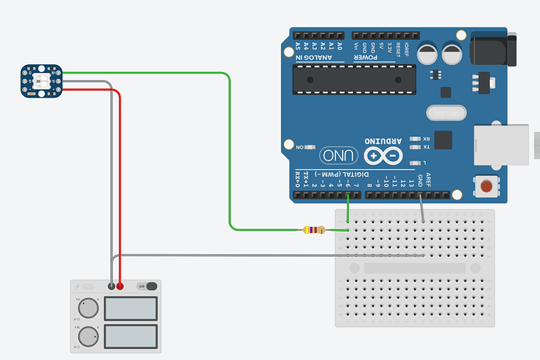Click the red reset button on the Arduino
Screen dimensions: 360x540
point(488,187)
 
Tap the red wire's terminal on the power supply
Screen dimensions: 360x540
point(120,286)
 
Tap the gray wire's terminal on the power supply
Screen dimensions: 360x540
point(111,286)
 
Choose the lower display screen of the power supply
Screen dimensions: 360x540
point(131,337)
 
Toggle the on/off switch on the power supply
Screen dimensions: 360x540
point(147,286)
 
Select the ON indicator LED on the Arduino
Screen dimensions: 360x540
point(311,146)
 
